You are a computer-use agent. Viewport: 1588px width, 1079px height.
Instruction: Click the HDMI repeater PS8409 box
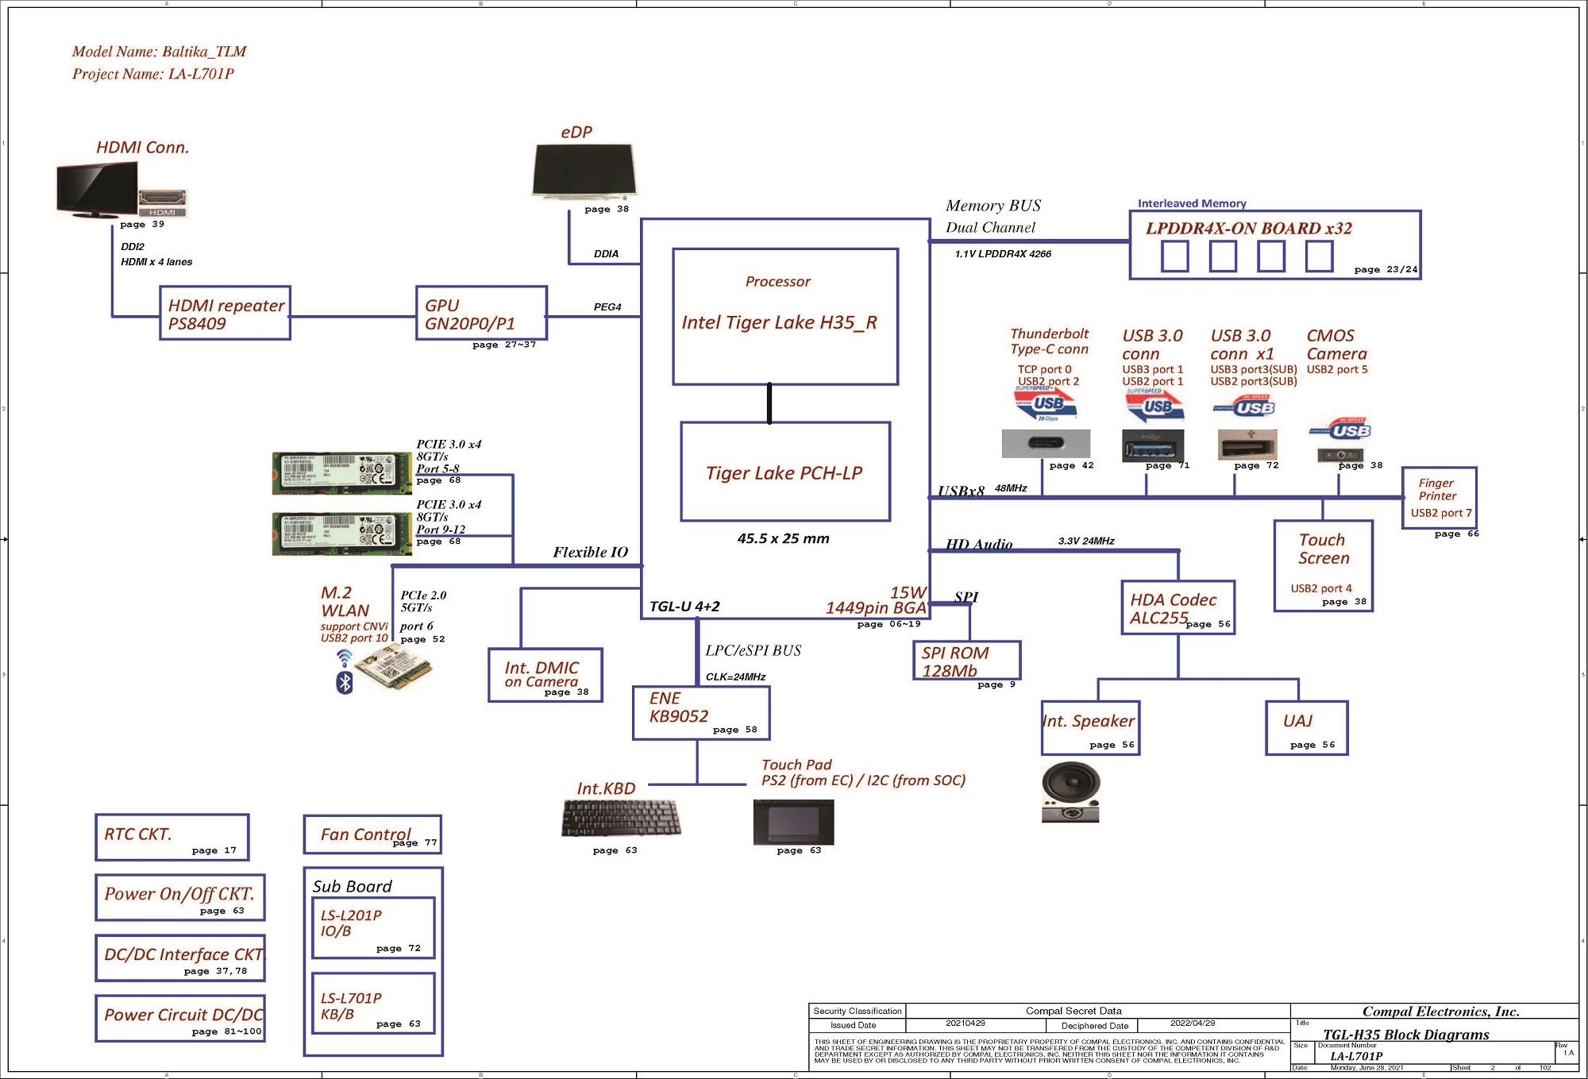click(x=225, y=314)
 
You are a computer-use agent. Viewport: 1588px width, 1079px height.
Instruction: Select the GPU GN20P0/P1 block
click(x=481, y=314)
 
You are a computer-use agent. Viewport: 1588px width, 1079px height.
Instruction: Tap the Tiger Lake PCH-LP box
click(x=785, y=472)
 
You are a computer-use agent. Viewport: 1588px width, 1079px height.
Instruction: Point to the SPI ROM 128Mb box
click(x=966, y=661)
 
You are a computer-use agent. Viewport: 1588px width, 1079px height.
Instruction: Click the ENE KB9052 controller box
click(x=701, y=712)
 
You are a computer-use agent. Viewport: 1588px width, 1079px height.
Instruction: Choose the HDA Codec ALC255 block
click(x=1178, y=608)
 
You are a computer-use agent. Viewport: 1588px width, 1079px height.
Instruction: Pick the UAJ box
click(x=1306, y=727)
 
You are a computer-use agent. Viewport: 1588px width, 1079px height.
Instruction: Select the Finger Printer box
click(x=1439, y=498)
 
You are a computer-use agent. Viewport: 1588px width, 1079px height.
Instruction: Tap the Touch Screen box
click(x=1323, y=565)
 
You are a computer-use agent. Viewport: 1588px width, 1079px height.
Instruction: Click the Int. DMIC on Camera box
click(x=545, y=675)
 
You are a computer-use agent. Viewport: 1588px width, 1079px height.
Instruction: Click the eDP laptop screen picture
click(x=584, y=169)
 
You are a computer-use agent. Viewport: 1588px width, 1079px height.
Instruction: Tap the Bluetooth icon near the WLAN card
click(x=345, y=682)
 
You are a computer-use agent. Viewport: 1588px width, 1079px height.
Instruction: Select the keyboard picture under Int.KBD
click(x=620, y=819)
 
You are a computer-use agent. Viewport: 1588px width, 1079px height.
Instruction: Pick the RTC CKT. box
click(x=172, y=837)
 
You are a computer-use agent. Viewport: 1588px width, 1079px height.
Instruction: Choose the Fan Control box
click(x=372, y=834)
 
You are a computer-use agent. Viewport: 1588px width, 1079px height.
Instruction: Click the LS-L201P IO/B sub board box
click(x=372, y=927)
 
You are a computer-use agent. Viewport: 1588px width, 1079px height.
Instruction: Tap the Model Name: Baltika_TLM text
click(x=159, y=52)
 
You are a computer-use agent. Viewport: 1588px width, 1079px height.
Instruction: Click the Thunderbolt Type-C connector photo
click(x=1046, y=444)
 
